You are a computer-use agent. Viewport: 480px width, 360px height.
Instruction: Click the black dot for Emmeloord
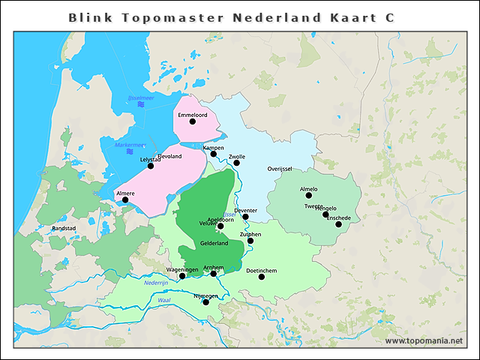(x=193, y=121)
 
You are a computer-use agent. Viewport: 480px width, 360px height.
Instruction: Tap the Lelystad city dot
(x=151, y=166)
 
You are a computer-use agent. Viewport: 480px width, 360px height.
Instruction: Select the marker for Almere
(x=125, y=200)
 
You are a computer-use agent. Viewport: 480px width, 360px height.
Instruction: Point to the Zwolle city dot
(x=236, y=163)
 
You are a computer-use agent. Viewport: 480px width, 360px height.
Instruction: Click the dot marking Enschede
(x=338, y=224)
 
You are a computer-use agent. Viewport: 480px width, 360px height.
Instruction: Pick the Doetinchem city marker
(x=262, y=277)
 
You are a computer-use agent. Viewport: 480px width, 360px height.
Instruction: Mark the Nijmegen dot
(x=205, y=302)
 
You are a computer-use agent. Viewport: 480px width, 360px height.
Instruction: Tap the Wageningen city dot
(x=182, y=276)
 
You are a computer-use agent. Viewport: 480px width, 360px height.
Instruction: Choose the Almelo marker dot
(x=308, y=196)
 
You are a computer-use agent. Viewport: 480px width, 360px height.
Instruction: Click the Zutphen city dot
(x=250, y=241)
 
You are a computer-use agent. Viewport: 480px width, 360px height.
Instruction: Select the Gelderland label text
(x=214, y=243)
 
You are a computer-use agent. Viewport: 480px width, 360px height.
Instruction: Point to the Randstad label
(x=63, y=228)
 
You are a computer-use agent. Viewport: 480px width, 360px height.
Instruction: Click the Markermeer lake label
(x=130, y=145)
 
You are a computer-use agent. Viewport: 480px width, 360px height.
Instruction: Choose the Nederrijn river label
(x=156, y=283)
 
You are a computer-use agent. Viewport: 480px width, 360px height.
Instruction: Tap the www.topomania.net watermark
(x=424, y=340)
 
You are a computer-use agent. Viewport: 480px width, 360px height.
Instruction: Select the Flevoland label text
(x=169, y=157)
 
